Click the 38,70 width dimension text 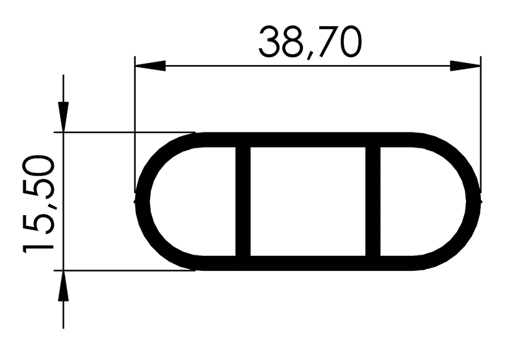point(310,43)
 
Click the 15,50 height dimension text point(38,205)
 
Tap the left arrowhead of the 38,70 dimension point(150,66)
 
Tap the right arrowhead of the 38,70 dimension point(465,66)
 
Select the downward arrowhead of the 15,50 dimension point(63,117)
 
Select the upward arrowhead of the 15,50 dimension point(63,286)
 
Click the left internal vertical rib point(242,201)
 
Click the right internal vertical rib point(372,201)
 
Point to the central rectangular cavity point(307,201)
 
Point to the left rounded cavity point(193,201)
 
